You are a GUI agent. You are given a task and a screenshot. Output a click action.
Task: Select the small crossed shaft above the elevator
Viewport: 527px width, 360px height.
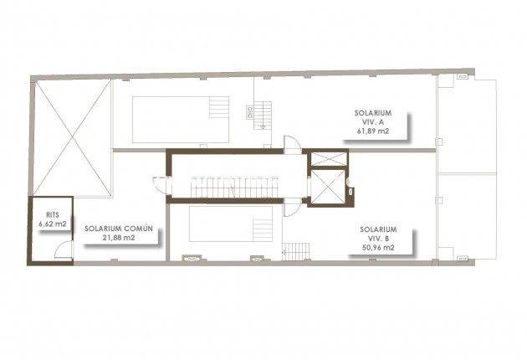click(x=326, y=159)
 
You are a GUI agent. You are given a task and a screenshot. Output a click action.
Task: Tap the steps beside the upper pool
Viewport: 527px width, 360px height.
click(x=219, y=108)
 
